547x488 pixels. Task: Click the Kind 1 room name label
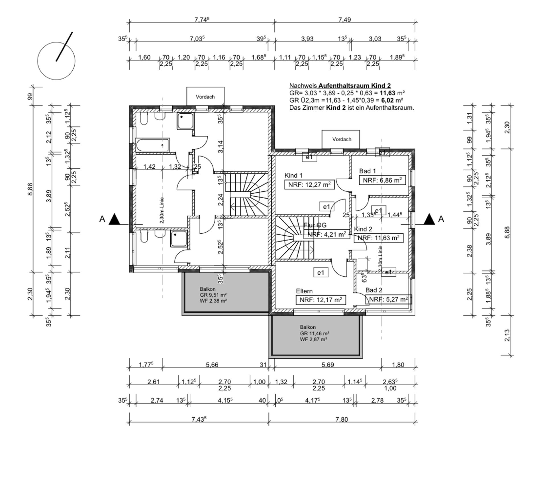(293, 175)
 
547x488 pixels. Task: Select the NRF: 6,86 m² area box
(382, 180)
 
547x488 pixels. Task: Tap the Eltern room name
(304, 291)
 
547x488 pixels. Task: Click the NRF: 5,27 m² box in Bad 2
(388, 299)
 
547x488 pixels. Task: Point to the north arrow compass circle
(56, 61)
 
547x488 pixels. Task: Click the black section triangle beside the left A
(115, 219)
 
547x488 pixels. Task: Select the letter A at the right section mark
(441, 219)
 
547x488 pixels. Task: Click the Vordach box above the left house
(205, 97)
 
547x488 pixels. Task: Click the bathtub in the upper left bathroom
(152, 145)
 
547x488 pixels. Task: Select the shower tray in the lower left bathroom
(179, 239)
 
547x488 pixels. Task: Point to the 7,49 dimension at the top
(344, 20)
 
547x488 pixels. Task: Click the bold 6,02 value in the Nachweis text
(387, 100)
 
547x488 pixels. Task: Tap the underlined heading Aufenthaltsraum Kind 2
(354, 85)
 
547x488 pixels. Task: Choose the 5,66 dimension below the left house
(212, 365)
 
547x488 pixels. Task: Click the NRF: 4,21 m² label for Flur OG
(327, 234)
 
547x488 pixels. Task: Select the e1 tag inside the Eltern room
(321, 273)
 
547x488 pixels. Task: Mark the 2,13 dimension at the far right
(507, 335)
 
